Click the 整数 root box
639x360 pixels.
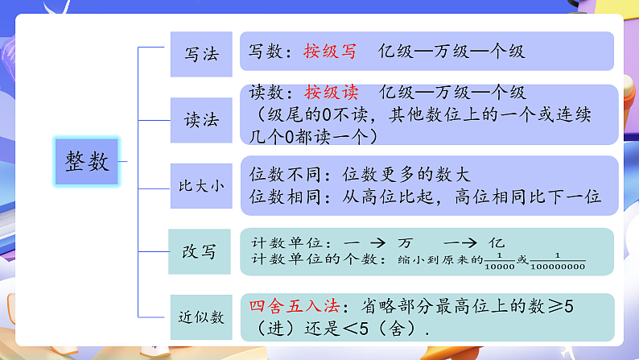click(86, 161)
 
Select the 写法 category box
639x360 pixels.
click(201, 55)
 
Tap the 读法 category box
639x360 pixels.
click(201, 120)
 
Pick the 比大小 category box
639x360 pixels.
click(201, 186)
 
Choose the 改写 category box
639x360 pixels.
click(200, 251)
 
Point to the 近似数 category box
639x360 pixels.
click(201, 317)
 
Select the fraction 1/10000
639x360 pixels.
click(500, 260)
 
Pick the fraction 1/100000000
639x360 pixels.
click(558, 260)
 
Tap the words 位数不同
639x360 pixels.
click(282, 174)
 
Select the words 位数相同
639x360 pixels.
click(282, 197)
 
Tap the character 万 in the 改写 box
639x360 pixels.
click(405, 242)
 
